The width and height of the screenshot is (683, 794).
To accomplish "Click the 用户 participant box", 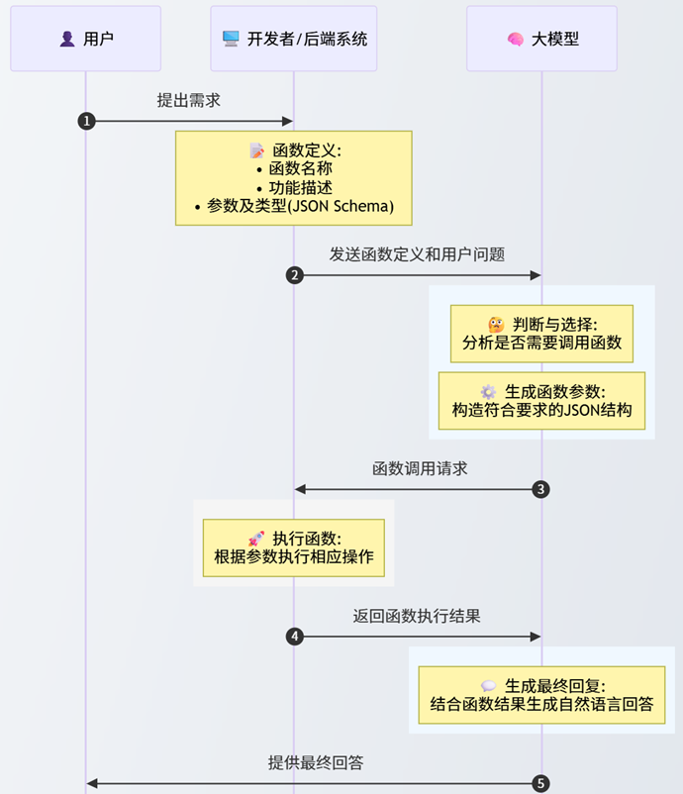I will (85, 39).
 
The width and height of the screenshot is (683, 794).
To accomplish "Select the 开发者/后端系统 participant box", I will (294, 39).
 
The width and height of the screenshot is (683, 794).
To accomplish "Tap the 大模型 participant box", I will (541, 39).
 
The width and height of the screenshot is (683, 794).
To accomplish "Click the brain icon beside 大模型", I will (515, 40).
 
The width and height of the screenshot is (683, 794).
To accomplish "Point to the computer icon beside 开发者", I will (231, 40).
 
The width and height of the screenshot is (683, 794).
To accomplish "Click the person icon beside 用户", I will (67, 40).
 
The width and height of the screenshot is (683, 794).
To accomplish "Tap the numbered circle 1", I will (86, 121).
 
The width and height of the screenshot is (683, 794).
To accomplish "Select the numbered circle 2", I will (294, 275).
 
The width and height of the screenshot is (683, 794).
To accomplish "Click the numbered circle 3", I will (540, 489).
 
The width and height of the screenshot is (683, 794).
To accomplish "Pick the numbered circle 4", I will (294, 637).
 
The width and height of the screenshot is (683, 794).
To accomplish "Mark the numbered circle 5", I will (540, 784).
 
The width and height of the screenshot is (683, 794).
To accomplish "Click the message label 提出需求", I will (189, 100).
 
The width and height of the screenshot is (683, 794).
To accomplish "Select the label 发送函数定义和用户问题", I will (417, 254).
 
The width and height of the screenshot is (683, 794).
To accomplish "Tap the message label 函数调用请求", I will (420, 468).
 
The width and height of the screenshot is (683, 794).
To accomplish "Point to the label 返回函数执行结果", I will (417, 616).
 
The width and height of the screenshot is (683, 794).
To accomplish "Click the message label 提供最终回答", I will (316, 762).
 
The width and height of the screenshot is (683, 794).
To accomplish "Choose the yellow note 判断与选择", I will (541, 334).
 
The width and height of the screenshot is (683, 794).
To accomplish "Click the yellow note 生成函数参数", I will (541, 401).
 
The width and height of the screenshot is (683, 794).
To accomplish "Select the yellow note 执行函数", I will (294, 547).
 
